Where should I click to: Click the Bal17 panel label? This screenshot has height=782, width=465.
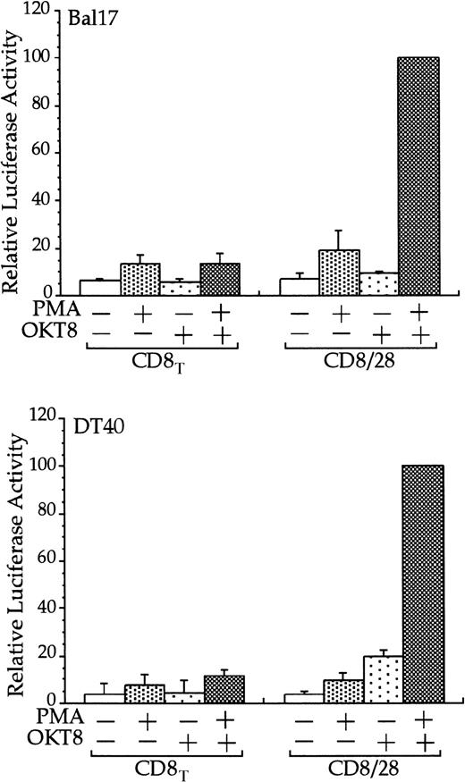pyautogui.click(x=94, y=19)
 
